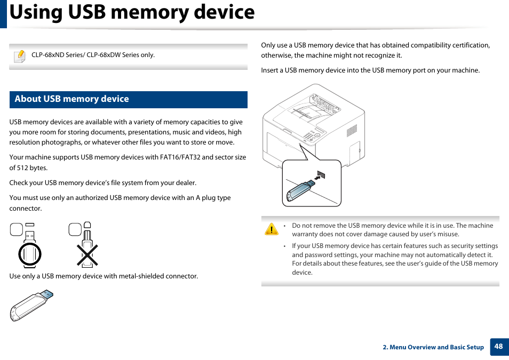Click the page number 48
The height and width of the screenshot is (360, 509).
tap(498, 347)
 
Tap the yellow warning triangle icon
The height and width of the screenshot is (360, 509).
tap(272, 230)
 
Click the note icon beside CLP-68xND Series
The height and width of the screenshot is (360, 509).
tap(20, 55)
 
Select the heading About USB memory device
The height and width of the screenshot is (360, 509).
tap(71, 99)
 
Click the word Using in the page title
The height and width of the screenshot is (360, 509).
tap(35, 12)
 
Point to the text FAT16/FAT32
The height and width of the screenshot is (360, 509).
tap(180, 157)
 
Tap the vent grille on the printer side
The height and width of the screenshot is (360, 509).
tap(352, 130)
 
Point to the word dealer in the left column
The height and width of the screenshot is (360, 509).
tap(185, 183)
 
